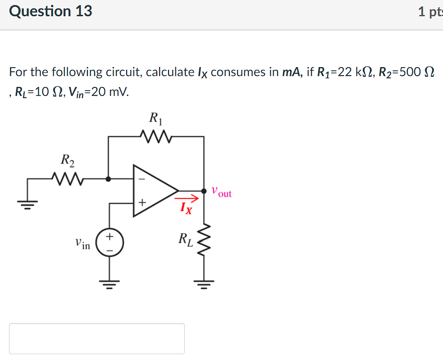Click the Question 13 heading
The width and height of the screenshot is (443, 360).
[x=50, y=11]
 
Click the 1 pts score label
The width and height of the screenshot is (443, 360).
[x=430, y=12]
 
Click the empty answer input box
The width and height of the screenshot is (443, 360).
[x=96, y=338]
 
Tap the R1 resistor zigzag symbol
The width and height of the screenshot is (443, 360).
[x=155, y=135]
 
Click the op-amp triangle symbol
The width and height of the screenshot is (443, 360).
[x=153, y=191]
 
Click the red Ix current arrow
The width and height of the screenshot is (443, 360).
[x=187, y=198]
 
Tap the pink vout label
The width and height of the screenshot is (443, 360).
[x=221, y=192]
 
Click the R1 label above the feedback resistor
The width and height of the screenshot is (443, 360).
[x=155, y=118]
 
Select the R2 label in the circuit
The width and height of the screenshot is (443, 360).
[x=67, y=160]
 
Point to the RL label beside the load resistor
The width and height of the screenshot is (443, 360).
[x=186, y=239]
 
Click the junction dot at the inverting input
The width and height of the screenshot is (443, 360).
[x=108, y=178]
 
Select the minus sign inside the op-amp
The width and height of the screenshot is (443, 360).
[x=142, y=179]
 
